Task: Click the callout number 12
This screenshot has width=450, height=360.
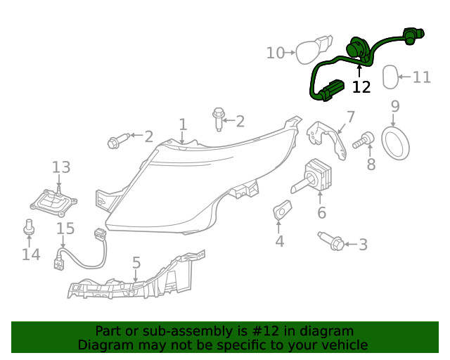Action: [361, 86]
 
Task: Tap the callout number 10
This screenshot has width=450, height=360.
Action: [275, 53]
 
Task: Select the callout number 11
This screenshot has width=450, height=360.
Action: [422, 77]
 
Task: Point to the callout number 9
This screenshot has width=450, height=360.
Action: [394, 107]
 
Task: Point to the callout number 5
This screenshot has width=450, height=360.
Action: [136, 263]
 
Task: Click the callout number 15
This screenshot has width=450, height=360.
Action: [65, 229]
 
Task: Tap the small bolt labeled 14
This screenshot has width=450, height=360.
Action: [30, 227]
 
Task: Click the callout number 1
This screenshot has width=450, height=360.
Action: [183, 124]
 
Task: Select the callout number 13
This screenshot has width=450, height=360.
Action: [61, 167]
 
